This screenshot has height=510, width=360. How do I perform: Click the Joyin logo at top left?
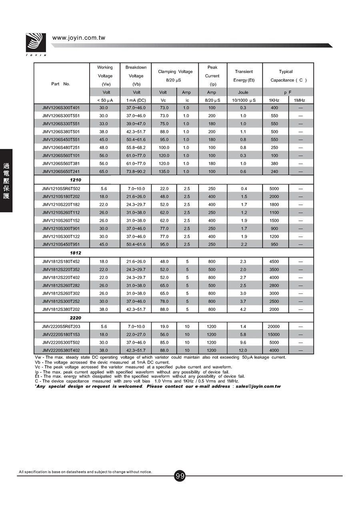coord(36,43)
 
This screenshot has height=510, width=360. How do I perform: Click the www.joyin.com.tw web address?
coord(78,38)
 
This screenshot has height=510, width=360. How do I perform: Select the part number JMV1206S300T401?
coord(61,108)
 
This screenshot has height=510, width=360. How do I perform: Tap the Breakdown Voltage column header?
coord(136,76)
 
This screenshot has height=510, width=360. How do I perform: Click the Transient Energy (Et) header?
coord(244,76)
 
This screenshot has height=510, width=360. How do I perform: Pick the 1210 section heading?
coord(75,180)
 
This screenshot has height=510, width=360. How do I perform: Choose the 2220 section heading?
coord(75,318)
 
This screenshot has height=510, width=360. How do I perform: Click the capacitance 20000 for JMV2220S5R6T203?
coord(274,327)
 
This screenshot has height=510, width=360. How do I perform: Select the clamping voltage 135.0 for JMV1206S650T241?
coord(164,172)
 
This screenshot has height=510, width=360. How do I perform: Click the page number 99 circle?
coord(180,476)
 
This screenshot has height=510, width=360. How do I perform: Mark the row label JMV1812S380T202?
coord(61,309)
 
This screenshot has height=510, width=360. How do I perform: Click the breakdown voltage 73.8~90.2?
coord(136,172)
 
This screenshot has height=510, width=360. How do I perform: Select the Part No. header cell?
coord(61,84)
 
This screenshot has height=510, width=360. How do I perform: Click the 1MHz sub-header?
coord(300,100)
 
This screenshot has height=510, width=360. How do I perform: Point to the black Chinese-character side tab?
coord(6,181)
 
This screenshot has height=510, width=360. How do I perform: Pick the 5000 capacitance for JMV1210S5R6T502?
coord(274,189)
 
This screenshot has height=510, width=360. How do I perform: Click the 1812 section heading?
coord(75,253)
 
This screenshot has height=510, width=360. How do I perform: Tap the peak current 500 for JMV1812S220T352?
coord(212,269)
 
